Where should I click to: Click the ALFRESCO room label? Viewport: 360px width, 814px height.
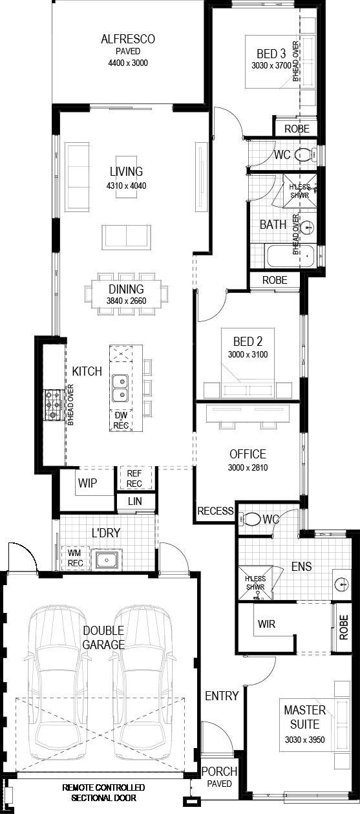[127, 39]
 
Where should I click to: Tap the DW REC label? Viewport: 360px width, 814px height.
[121, 420]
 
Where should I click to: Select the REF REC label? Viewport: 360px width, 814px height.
[134, 478]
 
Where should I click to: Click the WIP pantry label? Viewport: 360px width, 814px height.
[87, 483]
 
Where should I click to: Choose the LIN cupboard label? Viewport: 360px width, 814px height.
[135, 502]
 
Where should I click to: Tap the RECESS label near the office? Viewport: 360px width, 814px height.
[215, 511]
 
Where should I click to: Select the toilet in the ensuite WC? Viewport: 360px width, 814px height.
[250, 519]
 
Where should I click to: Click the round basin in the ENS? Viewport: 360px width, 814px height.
[341, 583]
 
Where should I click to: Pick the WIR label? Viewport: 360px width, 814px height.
[266, 625]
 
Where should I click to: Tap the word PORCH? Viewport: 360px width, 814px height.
[220, 771]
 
